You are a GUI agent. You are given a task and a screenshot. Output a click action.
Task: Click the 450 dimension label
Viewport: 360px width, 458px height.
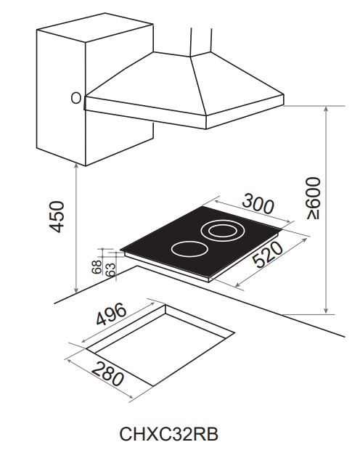(57, 216)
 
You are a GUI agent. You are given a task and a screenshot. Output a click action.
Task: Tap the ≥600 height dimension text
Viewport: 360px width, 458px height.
(314, 197)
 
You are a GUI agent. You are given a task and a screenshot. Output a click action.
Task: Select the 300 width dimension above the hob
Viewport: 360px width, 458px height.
(258, 204)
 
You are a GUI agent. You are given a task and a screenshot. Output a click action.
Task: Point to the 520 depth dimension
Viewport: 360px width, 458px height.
(268, 255)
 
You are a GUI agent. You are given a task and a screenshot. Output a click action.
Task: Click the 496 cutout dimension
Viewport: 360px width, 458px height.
(112, 314)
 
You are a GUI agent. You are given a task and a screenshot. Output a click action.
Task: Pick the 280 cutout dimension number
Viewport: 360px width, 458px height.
(107, 374)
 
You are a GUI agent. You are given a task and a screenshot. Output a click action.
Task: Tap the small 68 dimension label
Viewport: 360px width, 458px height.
(97, 267)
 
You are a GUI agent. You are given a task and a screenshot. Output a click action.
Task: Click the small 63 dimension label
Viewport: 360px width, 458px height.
(110, 269)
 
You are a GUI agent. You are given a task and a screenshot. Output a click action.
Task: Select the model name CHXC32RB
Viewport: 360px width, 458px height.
(169, 434)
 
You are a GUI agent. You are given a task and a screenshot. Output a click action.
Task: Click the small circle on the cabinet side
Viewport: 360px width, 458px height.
(76, 98)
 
